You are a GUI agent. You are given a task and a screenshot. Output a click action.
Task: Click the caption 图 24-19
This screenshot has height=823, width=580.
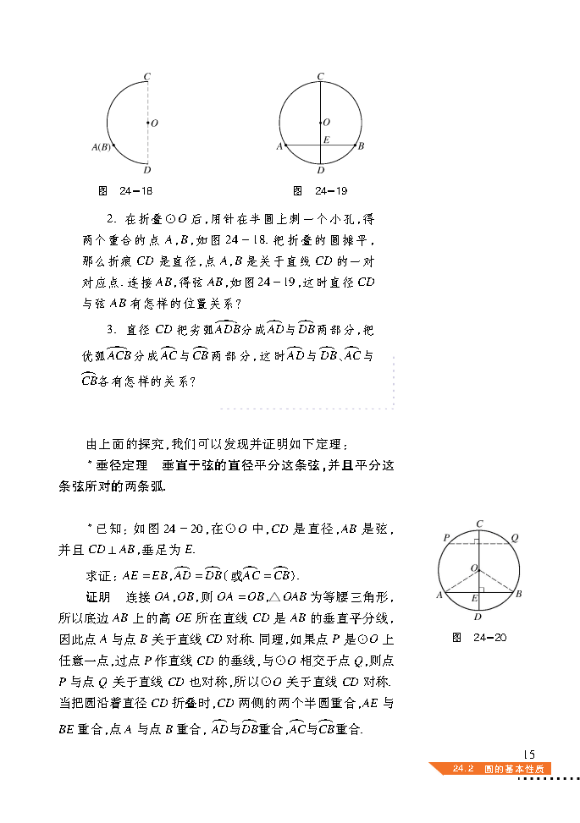click(320, 190)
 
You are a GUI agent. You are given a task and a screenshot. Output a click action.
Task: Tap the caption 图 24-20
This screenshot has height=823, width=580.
click(479, 637)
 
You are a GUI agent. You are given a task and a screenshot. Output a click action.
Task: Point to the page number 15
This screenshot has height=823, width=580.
click(530, 754)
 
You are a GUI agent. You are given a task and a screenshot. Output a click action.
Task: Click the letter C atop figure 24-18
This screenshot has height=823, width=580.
click(147, 77)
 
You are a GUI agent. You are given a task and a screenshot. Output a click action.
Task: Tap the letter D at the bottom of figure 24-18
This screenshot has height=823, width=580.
click(147, 168)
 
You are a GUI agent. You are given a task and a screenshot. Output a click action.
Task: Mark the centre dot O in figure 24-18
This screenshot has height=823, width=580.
click(147, 123)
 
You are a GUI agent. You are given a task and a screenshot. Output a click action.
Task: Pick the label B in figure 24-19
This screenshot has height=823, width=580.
click(362, 146)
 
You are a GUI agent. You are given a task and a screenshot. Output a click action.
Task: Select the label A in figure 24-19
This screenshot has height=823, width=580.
click(279, 146)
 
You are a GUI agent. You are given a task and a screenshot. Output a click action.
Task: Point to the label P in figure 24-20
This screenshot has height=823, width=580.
click(445, 538)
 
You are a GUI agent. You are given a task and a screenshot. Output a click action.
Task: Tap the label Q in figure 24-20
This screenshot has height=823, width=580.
click(514, 538)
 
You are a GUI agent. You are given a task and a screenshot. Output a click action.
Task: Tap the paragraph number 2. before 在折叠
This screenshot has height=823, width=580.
click(111, 218)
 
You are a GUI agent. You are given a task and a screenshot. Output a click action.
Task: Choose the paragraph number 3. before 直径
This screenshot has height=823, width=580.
click(111, 330)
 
